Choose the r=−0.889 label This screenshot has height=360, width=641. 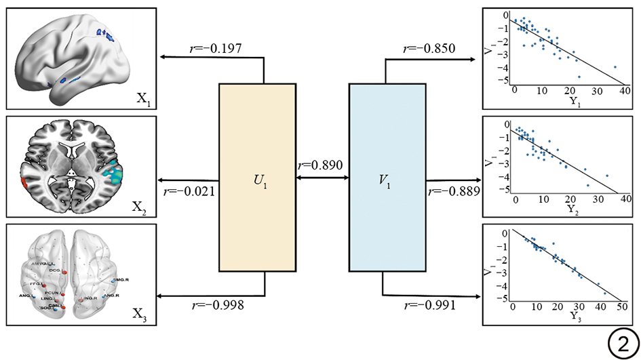(454, 191)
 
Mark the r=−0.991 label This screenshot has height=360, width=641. (429, 306)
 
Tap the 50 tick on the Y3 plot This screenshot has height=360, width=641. (621, 306)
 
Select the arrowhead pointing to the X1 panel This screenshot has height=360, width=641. (161, 58)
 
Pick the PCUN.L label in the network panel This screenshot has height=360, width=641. (54, 293)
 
